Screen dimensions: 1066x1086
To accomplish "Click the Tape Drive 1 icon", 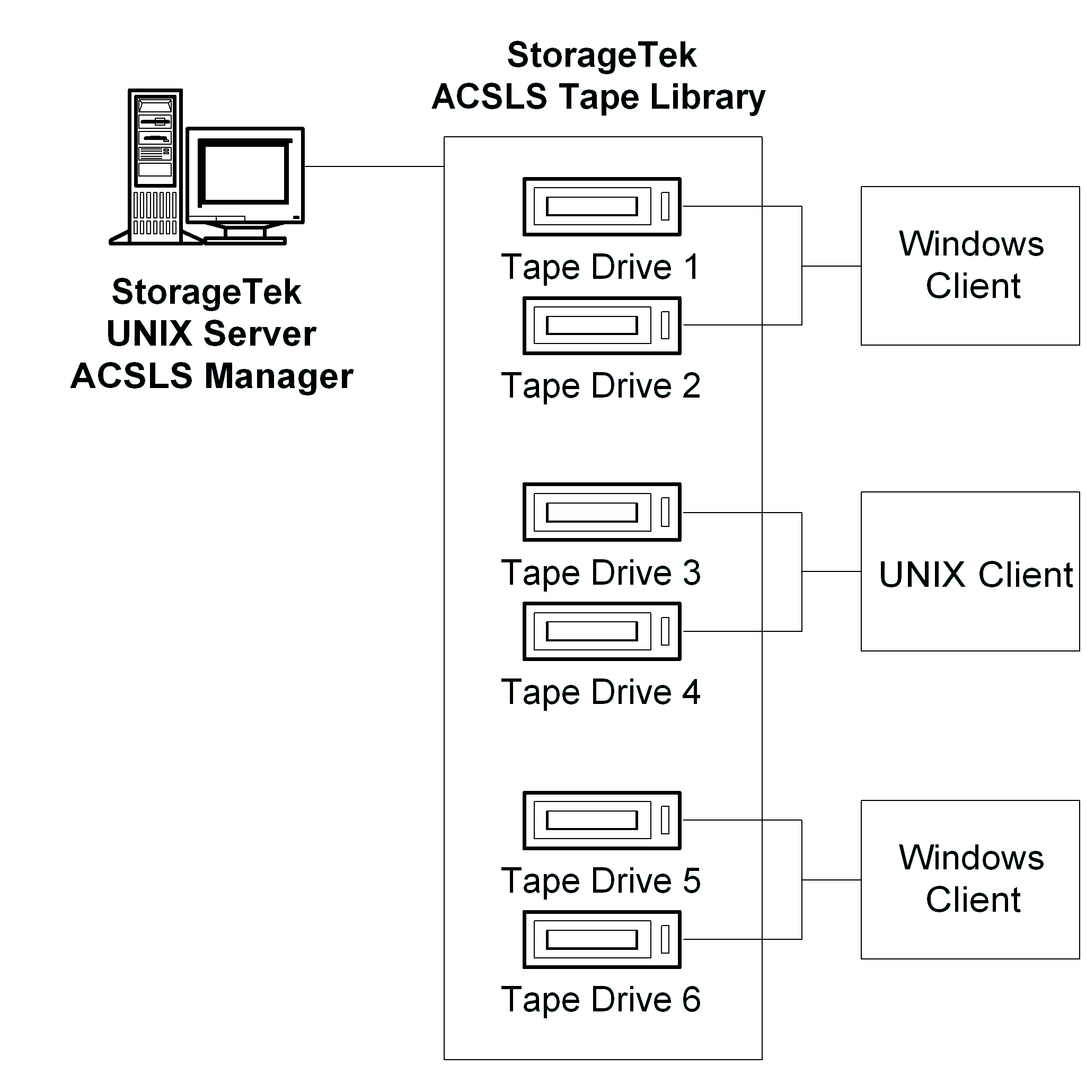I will pos(601,207).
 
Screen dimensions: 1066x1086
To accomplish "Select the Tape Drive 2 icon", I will pos(601,325).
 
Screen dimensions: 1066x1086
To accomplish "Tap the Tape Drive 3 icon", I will pos(601,512).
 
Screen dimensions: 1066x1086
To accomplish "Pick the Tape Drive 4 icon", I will pos(601,631).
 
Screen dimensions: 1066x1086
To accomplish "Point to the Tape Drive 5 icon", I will pos(601,820).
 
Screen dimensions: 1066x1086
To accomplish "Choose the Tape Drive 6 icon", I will pos(601,939).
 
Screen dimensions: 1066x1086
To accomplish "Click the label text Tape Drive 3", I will pos(600,574).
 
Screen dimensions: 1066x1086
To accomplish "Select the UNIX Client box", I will pos(969,571).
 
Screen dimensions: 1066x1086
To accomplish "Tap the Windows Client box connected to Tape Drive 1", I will pos(969,266).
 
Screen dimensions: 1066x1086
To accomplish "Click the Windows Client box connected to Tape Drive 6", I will pos(969,879).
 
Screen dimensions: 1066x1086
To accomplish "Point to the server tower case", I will pos(155,166).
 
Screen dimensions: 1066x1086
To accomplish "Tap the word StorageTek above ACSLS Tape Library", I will pos(601,55).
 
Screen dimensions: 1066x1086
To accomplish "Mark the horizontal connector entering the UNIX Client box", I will pos(831,571).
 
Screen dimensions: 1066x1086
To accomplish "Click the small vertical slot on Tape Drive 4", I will pos(665,631).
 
